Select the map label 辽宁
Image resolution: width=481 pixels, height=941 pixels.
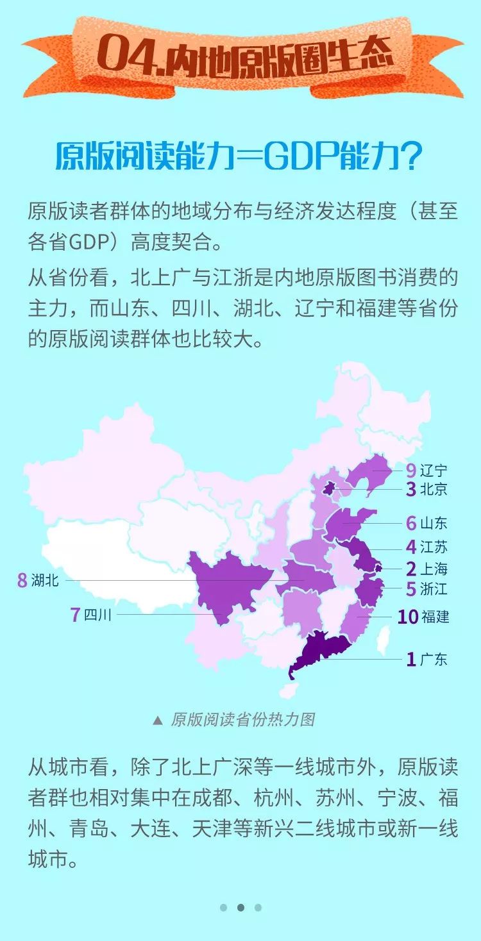click(x=434, y=470)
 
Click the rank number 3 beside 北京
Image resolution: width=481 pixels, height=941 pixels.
click(x=411, y=490)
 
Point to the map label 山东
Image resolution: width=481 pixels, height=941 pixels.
click(x=434, y=523)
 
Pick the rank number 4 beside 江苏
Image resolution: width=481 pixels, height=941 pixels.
click(x=411, y=547)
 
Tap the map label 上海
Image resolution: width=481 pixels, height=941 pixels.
click(x=434, y=569)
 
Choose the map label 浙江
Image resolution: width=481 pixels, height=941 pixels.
click(x=434, y=588)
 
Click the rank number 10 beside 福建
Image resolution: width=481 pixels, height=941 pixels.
click(x=408, y=617)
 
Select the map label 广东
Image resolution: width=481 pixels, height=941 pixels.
click(x=434, y=659)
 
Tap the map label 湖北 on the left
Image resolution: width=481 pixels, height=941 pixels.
click(x=45, y=581)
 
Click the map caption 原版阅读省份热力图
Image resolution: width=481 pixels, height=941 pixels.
click(x=242, y=719)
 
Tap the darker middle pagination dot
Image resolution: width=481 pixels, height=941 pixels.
click(x=240, y=907)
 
